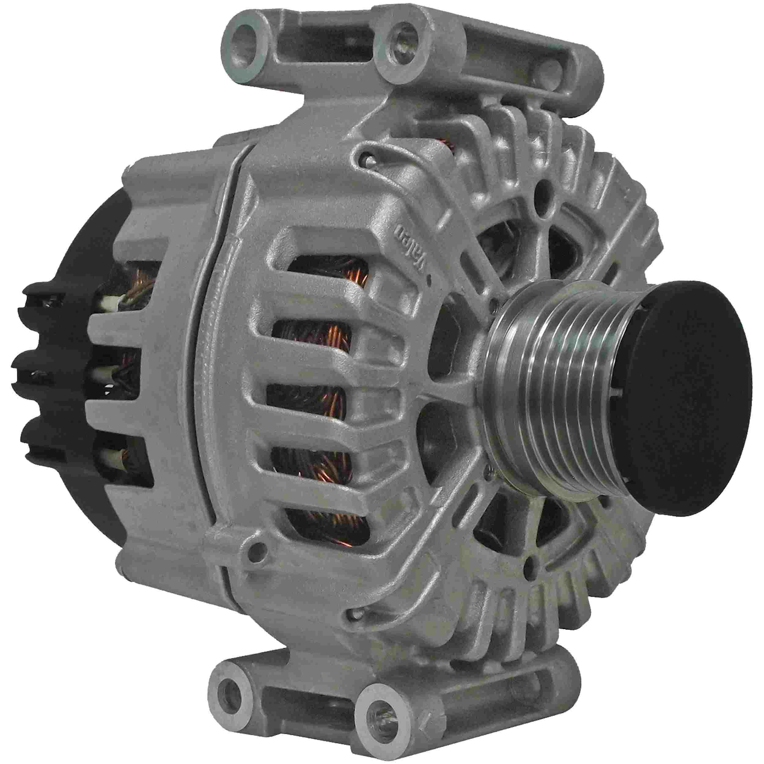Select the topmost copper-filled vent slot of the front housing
pyautogui.click(x=328, y=271)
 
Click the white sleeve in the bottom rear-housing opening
pyautogui.click(x=113, y=459)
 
